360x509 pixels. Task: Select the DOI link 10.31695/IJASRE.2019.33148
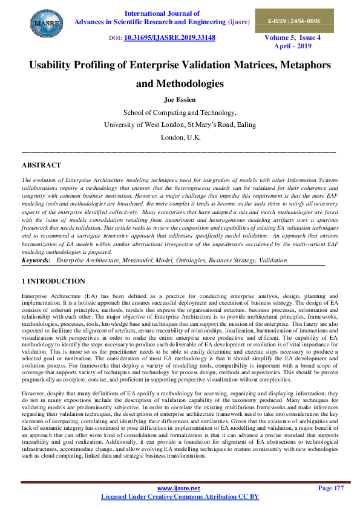pos(169,37)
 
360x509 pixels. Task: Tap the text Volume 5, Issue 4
pos(292,37)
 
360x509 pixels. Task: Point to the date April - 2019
pos(292,46)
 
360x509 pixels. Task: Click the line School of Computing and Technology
pos(180,112)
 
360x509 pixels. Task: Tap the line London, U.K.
pos(180,137)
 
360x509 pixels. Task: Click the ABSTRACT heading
pos(41,165)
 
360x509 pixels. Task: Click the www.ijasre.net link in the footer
pos(179,487)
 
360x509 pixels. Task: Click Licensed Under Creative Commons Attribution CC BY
pos(179,496)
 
